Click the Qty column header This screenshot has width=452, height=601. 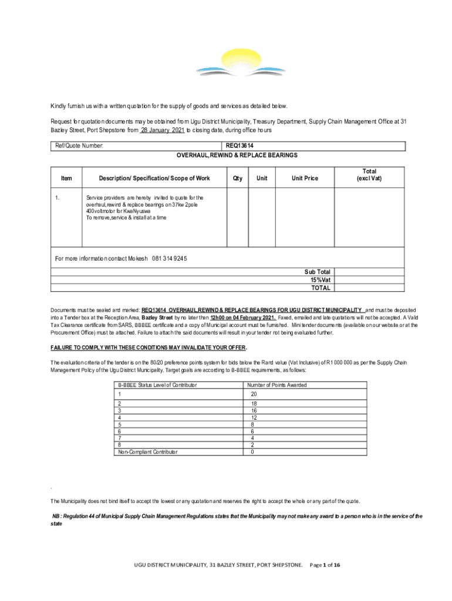tap(237, 178)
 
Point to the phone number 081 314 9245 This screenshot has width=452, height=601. tap(170, 259)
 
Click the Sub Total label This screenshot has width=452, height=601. tap(317, 272)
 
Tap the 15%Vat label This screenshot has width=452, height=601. tap(321, 280)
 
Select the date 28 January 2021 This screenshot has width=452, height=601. tap(163, 130)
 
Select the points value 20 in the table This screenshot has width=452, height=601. tap(254, 394)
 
